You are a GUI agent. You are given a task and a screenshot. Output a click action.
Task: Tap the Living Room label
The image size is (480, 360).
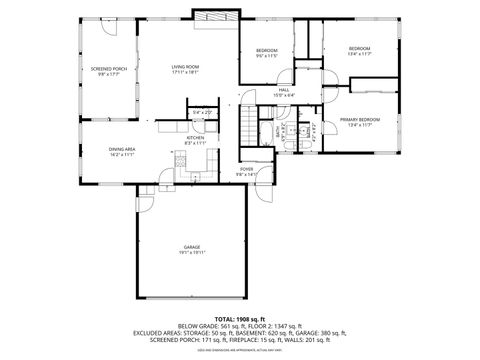(186, 67)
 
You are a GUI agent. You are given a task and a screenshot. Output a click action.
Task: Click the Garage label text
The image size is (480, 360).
(191, 247)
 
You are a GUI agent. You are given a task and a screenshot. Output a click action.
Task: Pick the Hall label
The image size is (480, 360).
(284, 89)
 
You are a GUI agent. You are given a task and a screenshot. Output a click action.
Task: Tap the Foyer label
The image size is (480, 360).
(247, 169)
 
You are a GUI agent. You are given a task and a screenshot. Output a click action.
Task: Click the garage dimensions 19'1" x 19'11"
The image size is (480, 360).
(191, 253)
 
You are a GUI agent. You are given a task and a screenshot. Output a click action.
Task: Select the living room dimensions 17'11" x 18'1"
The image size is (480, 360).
(186, 73)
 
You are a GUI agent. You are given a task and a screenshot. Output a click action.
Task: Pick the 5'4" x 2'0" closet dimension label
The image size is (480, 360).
(203, 112)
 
